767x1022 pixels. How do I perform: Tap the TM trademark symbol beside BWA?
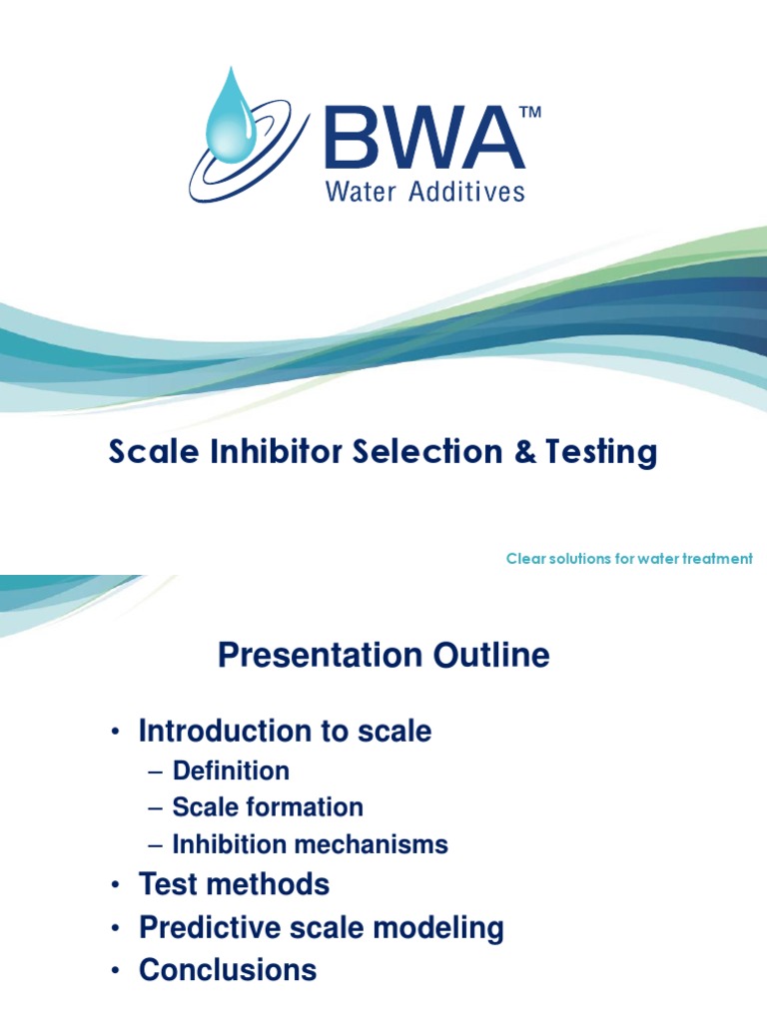tap(531, 114)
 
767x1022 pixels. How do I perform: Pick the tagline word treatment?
tap(716, 559)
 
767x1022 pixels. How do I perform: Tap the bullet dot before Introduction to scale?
tap(116, 733)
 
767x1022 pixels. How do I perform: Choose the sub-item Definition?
tap(231, 770)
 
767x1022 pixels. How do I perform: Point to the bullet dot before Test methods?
tap(116, 885)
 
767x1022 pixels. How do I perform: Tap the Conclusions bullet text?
tap(228, 970)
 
